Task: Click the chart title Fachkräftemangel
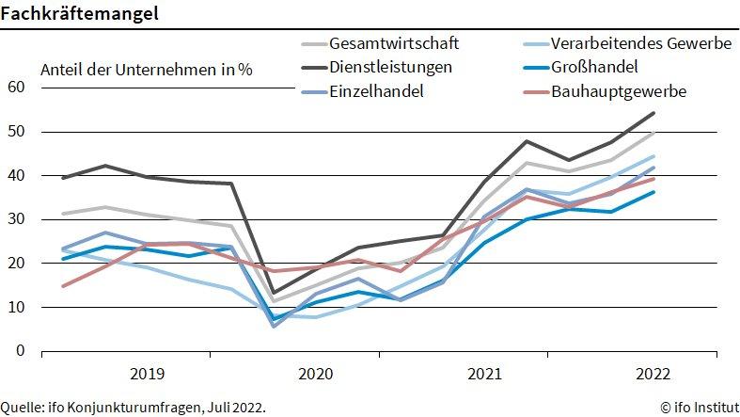(79, 14)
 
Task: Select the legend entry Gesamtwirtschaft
(394, 43)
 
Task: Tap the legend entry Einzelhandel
(376, 90)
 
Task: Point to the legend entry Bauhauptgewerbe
(619, 90)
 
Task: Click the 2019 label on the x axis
(148, 374)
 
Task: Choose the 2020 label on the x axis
(316, 374)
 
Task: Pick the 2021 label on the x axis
(484, 374)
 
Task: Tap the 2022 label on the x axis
(653, 374)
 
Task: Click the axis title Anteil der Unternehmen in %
(147, 69)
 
